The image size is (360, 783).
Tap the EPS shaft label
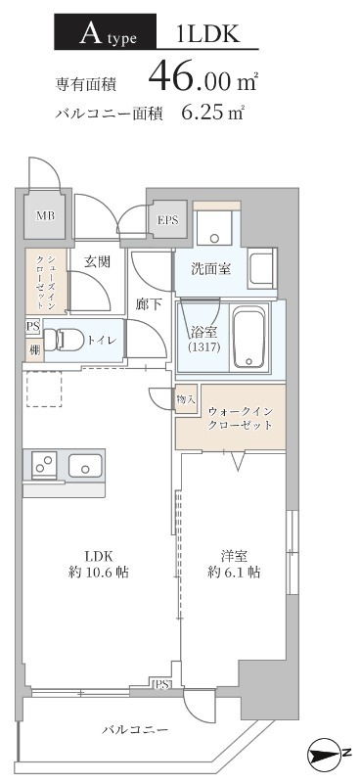click(x=168, y=220)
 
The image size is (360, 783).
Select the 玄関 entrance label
click(x=97, y=261)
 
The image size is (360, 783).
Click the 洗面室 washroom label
click(x=209, y=268)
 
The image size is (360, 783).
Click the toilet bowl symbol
click(x=68, y=340)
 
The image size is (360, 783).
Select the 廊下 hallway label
click(x=149, y=304)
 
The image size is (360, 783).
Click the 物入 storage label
click(x=186, y=399)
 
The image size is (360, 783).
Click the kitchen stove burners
click(x=45, y=465)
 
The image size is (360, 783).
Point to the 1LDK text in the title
click(x=207, y=35)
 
